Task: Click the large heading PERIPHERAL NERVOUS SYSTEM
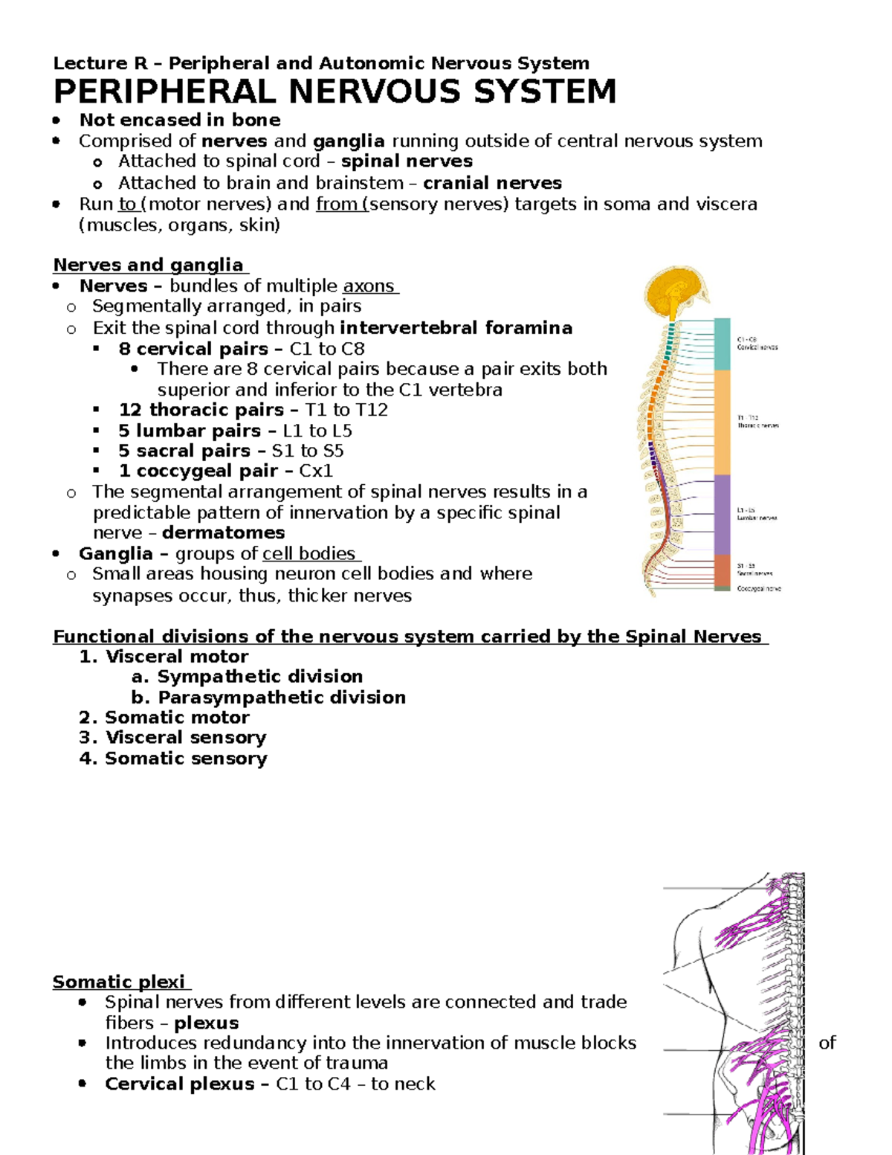tap(334, 92)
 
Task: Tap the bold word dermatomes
tap(223, 533)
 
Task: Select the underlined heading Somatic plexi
tap(121, 982)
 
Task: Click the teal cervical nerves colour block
tap(722, 344)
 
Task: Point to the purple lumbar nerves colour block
tap(722, 514)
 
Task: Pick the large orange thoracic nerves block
tap(722, 422)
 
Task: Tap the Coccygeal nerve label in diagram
tap(758, 588)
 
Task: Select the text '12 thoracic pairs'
tap(201, 410)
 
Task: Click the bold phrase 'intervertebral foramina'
tap(456, 328)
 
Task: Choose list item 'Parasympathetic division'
tap(281, 697)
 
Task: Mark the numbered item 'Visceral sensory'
tap(185, 737)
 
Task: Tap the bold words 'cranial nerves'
tap(492, 183)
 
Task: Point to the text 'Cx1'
tap(316, 471)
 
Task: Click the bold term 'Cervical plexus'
tap(179, 1084)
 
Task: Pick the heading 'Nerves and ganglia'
tap(149, 265)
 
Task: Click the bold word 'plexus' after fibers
tap(206, 1023)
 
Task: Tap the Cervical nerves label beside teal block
tap(757, 347)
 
